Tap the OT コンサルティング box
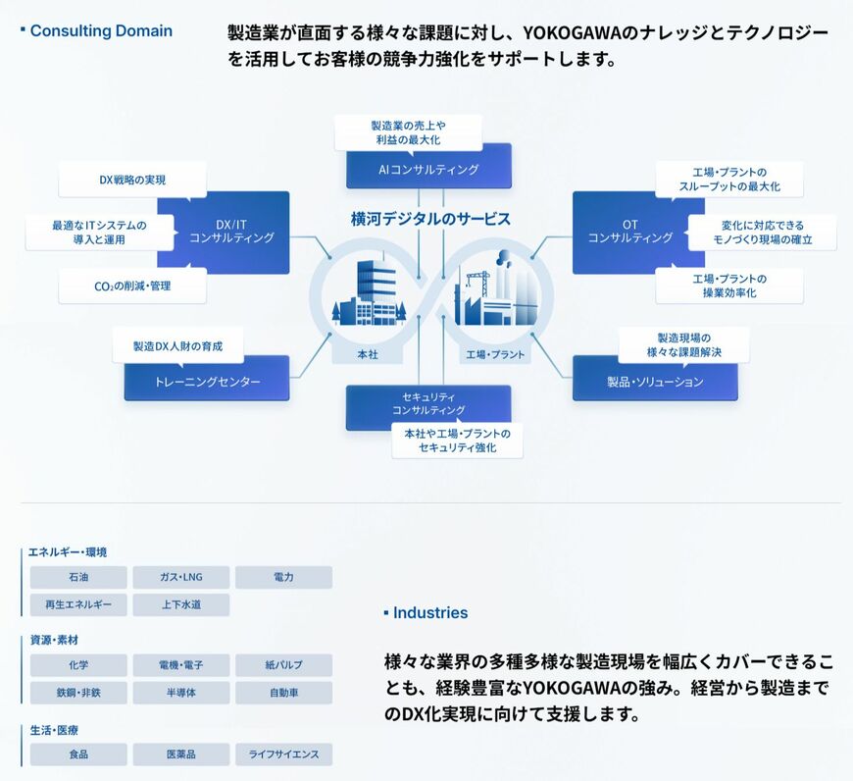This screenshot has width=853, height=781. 631,232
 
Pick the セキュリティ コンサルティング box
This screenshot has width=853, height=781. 428,404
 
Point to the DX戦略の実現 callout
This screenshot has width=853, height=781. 132,180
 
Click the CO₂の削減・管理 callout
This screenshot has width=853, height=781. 132,286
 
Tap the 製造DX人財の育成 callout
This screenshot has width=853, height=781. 177,346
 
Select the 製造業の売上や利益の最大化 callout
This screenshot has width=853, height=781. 408,132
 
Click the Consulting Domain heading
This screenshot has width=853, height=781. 101,31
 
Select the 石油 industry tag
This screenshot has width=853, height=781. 78,577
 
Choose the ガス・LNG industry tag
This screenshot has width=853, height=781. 181,577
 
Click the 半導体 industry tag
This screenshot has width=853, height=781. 181,693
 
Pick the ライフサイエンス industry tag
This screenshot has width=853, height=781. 284,755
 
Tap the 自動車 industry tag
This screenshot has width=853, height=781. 284,693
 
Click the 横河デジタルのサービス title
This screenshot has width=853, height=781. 430,219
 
